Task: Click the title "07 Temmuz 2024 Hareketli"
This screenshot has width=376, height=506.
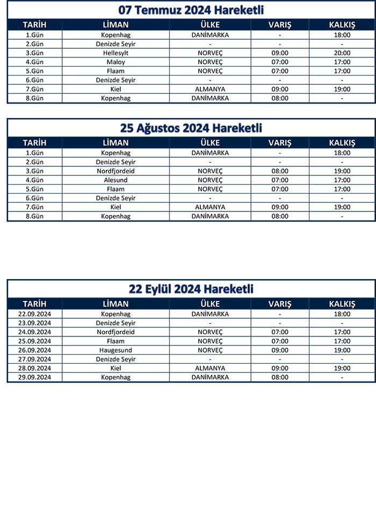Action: [191, 10]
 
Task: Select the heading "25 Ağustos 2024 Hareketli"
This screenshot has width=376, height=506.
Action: [191, 128]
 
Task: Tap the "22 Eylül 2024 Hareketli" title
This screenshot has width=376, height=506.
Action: [191, 289]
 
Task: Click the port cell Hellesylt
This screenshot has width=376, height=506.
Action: [115, 53]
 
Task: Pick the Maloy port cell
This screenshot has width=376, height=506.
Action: [115, 62]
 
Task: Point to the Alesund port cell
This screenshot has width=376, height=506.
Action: [115, 180]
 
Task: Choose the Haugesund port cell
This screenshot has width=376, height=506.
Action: [115, 350]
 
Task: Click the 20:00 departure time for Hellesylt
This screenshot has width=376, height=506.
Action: [342, 53]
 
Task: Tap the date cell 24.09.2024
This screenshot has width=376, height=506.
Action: [34, 332]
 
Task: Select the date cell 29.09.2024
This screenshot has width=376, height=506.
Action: [34, 377]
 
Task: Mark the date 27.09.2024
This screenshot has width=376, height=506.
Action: [34, 359]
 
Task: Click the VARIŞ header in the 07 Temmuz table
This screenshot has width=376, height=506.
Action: [280, 25]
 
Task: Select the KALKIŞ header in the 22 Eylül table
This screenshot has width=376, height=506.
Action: [342, 304]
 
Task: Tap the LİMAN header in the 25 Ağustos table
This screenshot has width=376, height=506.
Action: [115, 143]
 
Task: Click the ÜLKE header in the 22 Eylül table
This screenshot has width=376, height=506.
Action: [210, 304]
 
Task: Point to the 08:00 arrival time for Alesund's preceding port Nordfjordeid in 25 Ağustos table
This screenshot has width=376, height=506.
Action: [280, 171]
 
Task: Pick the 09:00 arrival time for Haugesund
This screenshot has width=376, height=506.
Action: [280, 350]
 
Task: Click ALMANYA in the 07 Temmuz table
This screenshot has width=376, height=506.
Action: [210, 89]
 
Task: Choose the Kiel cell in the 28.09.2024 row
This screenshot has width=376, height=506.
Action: [115, 368]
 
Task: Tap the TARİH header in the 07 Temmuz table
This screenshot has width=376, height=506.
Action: [34, 25]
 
